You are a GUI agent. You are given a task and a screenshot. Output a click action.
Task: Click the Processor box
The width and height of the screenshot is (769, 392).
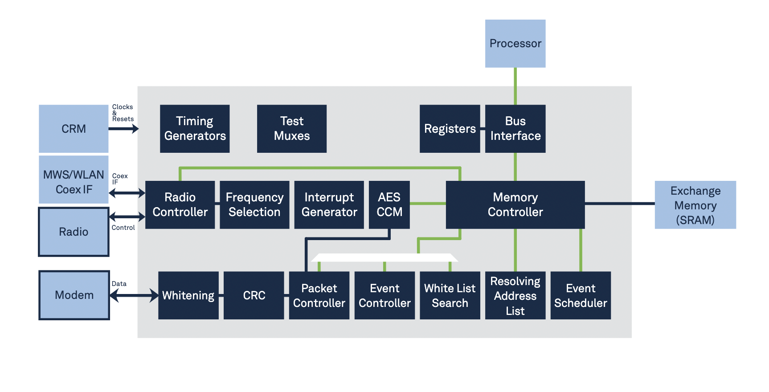point(515,44)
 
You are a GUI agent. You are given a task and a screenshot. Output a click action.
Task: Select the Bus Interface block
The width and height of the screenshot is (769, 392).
point(515,129)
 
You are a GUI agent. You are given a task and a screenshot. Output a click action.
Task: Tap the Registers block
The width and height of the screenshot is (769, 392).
point(450,129)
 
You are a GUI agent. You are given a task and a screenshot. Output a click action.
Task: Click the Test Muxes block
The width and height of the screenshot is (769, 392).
point(292,129)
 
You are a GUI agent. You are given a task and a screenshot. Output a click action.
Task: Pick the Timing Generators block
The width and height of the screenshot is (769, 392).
point(195,129)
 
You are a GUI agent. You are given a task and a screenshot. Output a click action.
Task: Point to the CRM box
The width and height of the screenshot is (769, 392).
point(74,129)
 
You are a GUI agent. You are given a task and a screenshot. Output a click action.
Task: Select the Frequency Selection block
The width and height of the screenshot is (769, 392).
point(254,205)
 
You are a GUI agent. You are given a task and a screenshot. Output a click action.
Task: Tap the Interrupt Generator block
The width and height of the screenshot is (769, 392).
point(329,205)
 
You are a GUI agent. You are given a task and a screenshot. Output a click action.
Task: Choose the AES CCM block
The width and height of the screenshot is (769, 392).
point(389,205)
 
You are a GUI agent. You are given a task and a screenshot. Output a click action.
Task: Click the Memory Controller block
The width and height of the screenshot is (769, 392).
point(515,205)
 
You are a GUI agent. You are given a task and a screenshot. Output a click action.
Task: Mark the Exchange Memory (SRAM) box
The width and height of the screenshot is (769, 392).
point(695,205)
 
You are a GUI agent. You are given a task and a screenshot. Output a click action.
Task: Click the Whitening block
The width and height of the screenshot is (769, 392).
point(188,295)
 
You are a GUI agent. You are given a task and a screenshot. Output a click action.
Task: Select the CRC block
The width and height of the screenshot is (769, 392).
point(254,295)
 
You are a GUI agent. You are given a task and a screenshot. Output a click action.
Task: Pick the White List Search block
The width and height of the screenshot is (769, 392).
point(450,295)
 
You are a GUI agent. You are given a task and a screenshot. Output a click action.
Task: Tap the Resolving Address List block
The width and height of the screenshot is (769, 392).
point(515,295)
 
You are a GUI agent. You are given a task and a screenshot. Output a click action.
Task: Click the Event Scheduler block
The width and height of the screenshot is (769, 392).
point(581,295)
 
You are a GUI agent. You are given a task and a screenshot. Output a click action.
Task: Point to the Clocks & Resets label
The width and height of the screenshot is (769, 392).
point(123,113)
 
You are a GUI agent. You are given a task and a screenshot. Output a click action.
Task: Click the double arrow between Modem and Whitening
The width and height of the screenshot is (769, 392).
point(134,295)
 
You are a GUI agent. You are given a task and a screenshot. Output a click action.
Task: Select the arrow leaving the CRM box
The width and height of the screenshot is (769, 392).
point(123,129)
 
